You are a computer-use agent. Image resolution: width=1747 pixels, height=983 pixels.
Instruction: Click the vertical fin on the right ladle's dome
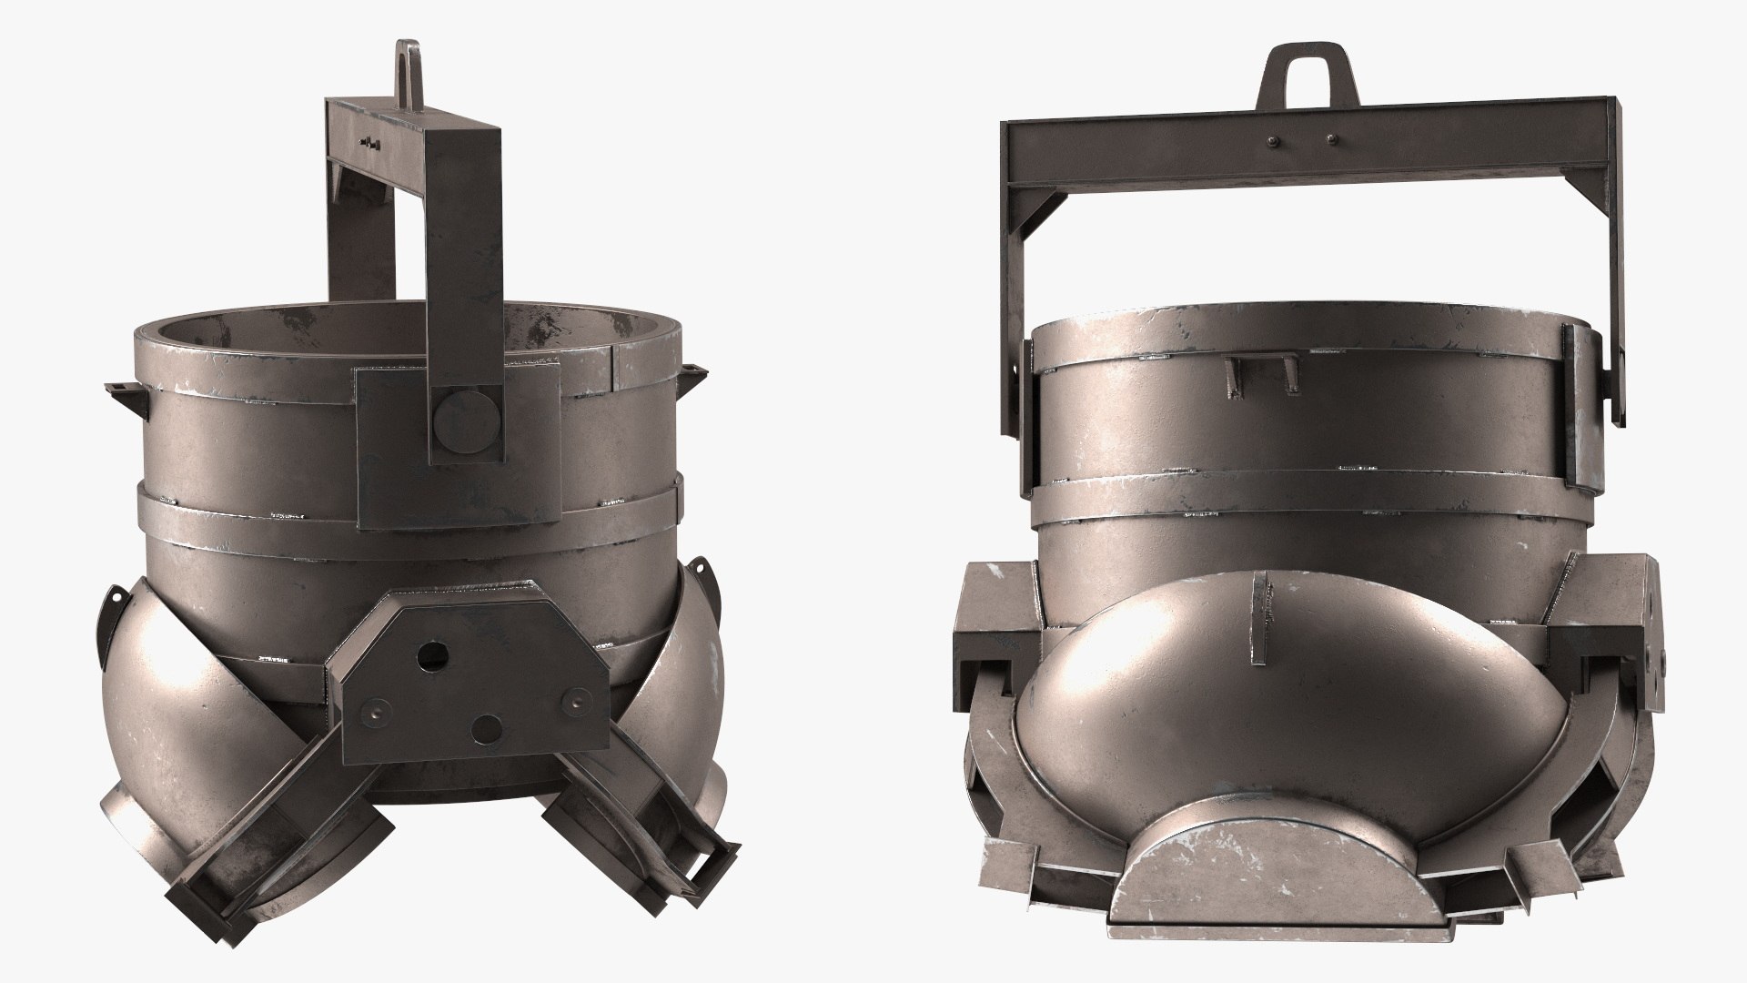1259,619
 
